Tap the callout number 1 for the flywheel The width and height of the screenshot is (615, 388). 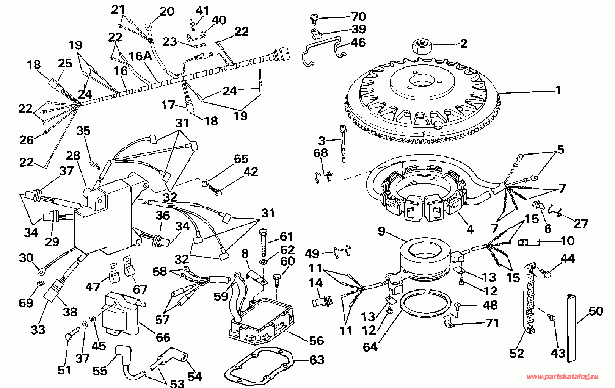click(558, 90)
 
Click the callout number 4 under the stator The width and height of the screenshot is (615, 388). click(470, 229)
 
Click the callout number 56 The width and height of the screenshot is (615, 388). click(316, 340)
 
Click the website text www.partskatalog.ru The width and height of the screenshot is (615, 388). click(563, 376)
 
